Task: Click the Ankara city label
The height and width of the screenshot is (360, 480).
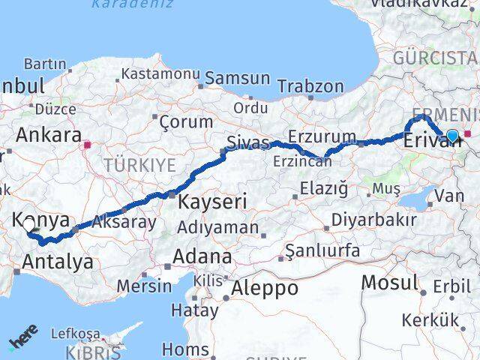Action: tap(49, 136)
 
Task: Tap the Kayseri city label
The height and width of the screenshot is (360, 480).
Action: tap(211, 202)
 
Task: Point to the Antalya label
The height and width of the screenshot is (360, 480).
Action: tap(58, 262)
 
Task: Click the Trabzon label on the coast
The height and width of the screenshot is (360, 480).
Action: tap(310, 86)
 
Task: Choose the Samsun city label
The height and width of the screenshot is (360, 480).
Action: tap(237, 78)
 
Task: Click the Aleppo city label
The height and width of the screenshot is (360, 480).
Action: tap(265, 288)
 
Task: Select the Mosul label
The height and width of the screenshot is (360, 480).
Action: tap(389, 283)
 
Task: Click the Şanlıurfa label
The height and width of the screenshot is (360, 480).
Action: tap(325, 250)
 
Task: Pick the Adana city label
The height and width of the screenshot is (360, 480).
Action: tap(202, 256)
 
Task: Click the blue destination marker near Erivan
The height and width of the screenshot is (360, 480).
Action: tap(452, 136)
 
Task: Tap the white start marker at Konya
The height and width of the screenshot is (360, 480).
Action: tap(28, 224)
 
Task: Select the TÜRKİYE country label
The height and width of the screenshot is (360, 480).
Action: tap(139, 165)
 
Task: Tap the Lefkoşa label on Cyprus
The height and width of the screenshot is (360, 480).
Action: tap(75, 333)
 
